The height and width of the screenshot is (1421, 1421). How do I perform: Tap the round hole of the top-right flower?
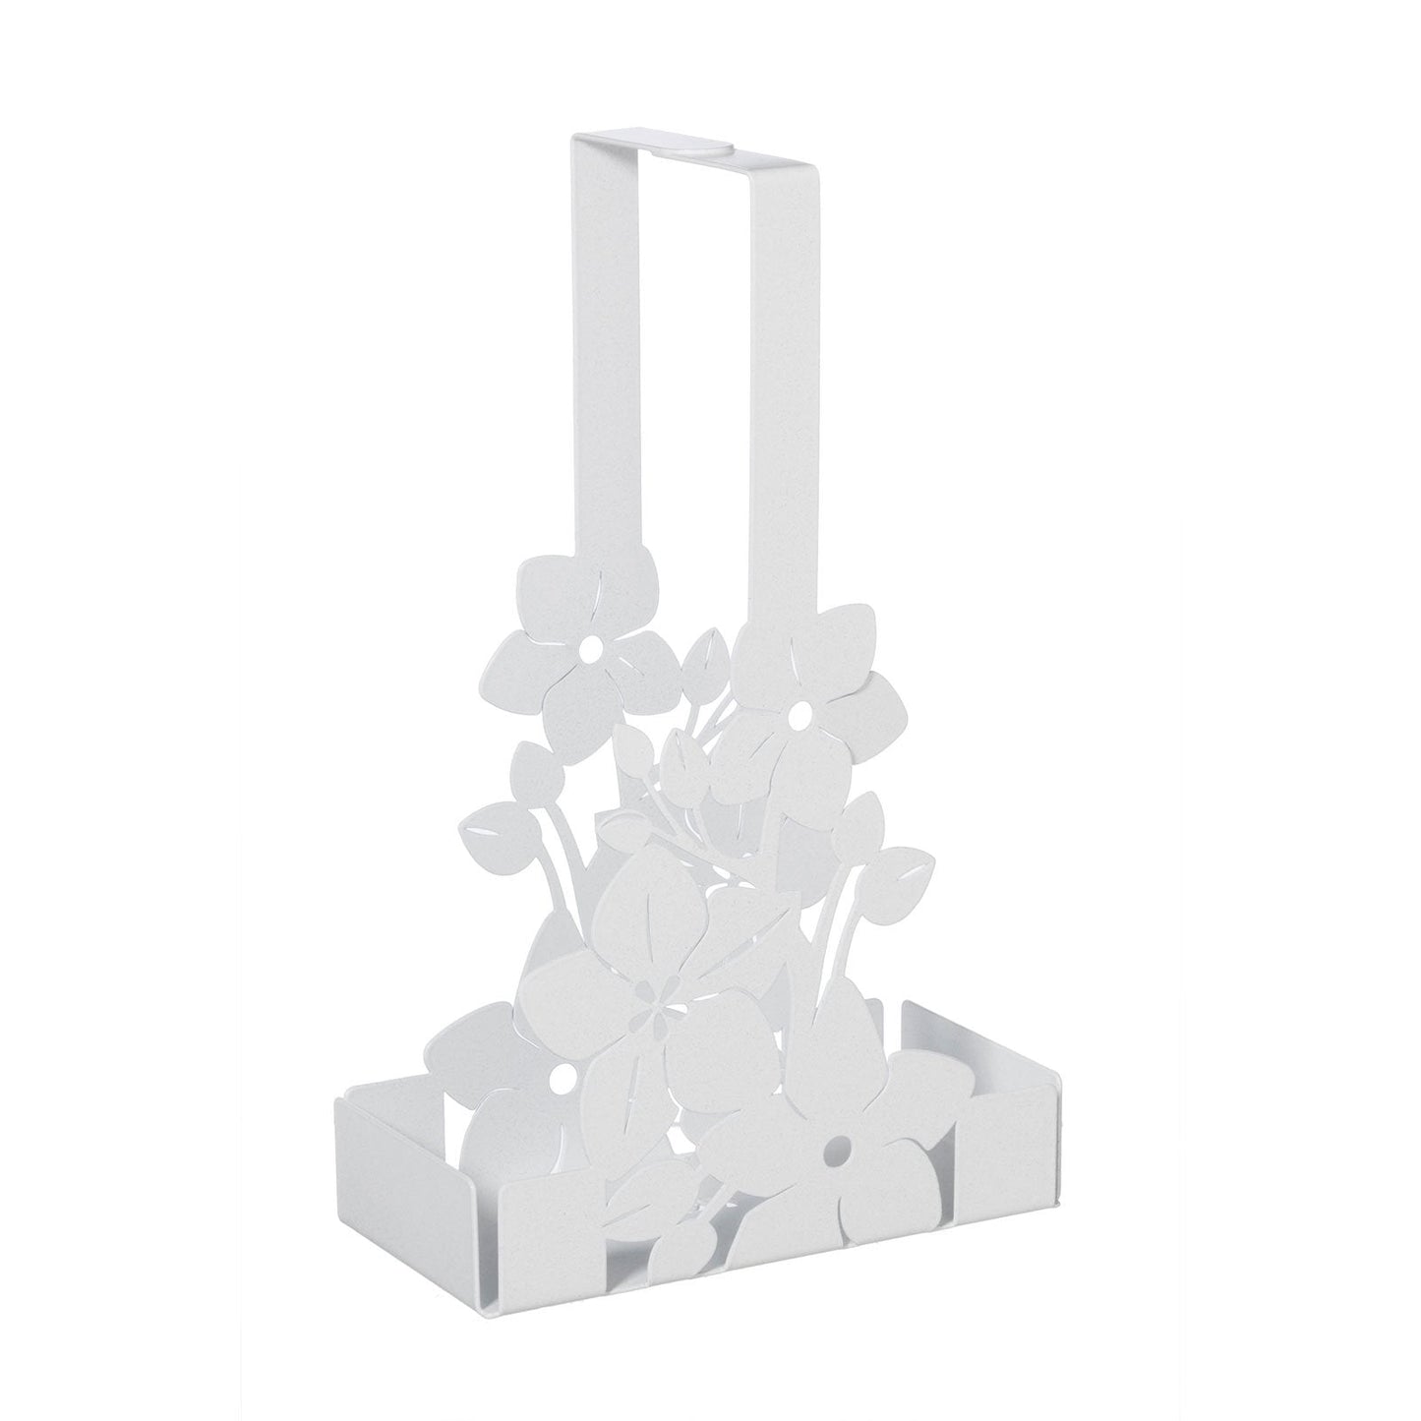(x=798, y=708)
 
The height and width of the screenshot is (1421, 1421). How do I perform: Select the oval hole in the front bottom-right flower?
(x=838, y=1147)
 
